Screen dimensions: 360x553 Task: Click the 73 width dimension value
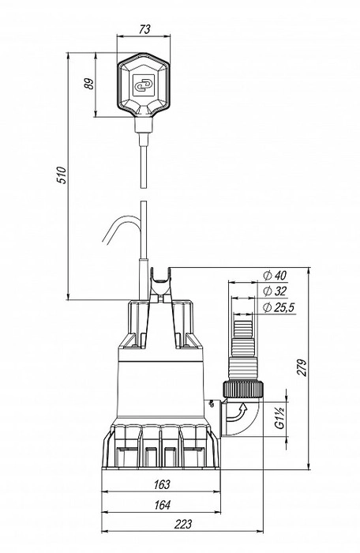point(144,29)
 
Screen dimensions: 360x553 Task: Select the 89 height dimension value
point(90,84)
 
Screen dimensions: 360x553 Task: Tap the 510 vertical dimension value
point(62,175)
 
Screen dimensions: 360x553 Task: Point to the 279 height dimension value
point(303,368)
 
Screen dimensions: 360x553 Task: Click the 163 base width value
point(162,484)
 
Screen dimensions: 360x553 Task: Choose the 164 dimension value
point(162,505)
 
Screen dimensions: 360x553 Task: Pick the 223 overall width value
point(183,524)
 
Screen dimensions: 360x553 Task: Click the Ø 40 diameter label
point(275,275)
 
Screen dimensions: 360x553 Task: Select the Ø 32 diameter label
point(275,292)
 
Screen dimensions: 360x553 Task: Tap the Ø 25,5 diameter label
point(279,308)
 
